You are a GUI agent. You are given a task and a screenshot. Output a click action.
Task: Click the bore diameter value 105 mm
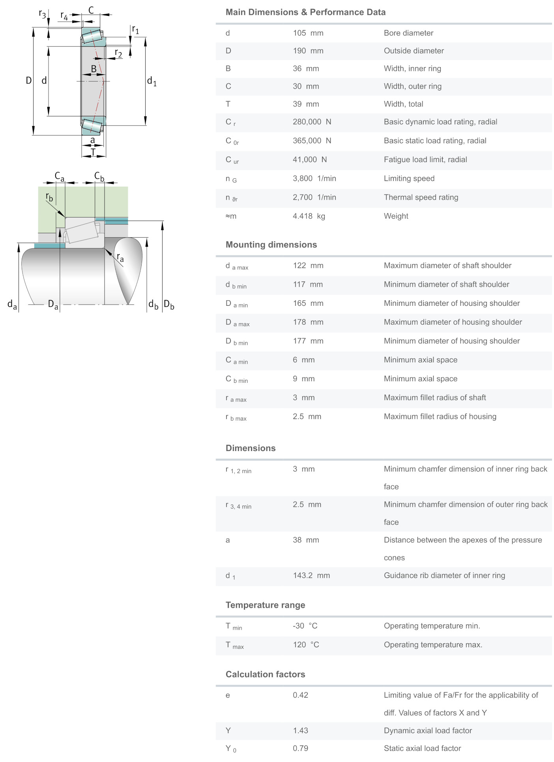pyautogui.click(x=308, y=33)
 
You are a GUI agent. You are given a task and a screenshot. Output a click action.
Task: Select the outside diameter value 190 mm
pyautogui.click(x=308, y=51)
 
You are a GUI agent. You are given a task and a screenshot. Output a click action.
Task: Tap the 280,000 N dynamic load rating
pyautogui.click(x=312, y=122)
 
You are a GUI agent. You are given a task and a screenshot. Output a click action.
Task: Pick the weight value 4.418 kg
pyautogui.click(x=309, y=216)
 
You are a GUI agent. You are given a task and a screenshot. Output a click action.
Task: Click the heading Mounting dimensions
pyautogui.click(x=271, y=245)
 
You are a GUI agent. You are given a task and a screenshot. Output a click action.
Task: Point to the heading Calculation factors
pyautogui.click(x=265, y=674)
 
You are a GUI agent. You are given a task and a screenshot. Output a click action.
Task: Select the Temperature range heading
pyautogui.click(x=265, y=605)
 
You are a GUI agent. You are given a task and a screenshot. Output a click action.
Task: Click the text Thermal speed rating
pyautogui.click(x=421, y=197)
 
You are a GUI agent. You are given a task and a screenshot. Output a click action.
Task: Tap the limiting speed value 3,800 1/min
pyautogui.click(x=314, y=178)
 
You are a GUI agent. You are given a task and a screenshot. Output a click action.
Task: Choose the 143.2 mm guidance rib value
pyautogui.click(x=311, y=576)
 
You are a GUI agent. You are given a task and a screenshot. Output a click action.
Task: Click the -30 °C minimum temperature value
pyautogui.click(x=305, y=626)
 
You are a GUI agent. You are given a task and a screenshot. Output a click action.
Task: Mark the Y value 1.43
pyautogui.click(x=300, y=731)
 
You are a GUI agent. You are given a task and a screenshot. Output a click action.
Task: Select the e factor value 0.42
pyautogui.click(x=300, y=695)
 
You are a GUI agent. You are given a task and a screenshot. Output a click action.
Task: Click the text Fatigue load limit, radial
pyautogui.click(x=425, y=160)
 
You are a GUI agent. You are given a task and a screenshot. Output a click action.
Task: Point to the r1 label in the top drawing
pyautogui.click(x=135, y=30)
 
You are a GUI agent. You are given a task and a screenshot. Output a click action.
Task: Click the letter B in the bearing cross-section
pyautogui.click(x=94, y=69)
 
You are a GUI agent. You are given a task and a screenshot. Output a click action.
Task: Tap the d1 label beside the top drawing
pyautogui.click(x=152, y=81)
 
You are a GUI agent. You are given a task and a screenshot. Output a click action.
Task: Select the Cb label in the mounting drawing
pyautogui.click(x=99, y=176)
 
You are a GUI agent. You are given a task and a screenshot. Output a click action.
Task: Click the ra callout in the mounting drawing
pyautogui.click(x=120, y=258)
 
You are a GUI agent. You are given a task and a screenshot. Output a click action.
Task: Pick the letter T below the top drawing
pyautogui.click(x=93, y=152)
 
